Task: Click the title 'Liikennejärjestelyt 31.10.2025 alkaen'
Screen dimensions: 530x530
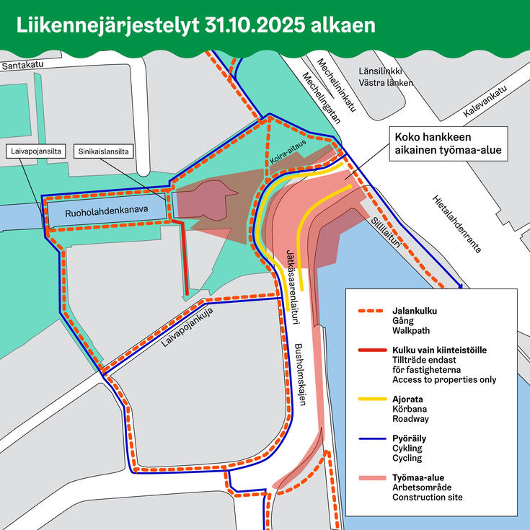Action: coord(196,25)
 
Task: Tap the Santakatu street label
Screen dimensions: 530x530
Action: coord(25,65)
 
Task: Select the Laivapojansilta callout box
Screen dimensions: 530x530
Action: coord(37,151)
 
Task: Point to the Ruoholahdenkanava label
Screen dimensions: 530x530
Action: coord(106,213)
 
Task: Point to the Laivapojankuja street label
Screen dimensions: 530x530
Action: coord(190,334)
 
